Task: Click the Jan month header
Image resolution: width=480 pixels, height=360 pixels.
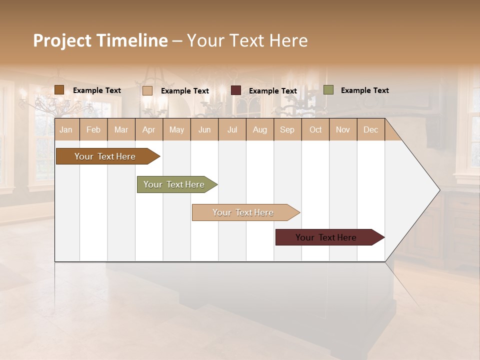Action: click(66, 130)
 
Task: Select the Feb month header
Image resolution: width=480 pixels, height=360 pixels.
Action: click(93, 130)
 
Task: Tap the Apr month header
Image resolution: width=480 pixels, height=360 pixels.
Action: click(149, 130)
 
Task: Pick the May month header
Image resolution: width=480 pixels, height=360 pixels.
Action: click(176, 130)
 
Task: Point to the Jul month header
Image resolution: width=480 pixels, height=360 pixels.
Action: click(232, 130)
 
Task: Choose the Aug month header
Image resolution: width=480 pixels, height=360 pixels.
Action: click(260, 130)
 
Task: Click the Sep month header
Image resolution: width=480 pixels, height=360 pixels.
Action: click(287, 130)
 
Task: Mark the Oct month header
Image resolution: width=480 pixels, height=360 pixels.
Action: click(315, 130)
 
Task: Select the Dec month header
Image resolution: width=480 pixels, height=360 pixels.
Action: click(371, 130)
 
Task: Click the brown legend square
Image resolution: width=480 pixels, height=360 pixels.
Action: click(59, 90)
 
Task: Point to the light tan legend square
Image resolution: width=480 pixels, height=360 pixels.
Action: click(147, 90)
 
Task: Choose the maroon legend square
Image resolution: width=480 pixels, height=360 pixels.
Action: click(236, 90)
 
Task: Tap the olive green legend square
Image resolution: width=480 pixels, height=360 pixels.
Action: click(328, 90)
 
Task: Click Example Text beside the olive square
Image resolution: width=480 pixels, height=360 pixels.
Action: click(364, 90)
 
